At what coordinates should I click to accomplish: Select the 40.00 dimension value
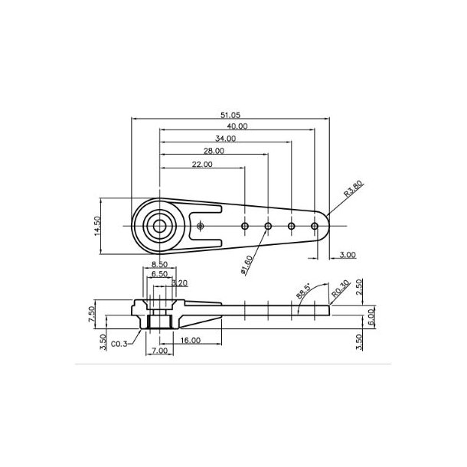click(237, 126)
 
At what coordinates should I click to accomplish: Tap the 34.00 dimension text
click(225, 139)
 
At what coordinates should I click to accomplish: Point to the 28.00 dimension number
click(214, 151)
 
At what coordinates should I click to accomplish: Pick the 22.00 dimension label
click(201, 165)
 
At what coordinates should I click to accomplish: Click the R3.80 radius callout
click(353, 189)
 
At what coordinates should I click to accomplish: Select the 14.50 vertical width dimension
click(99, 226)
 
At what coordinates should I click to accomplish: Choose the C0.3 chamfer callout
click(119, 344)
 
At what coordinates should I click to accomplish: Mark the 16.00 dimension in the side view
click(191, 339)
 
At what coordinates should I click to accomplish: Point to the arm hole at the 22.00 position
click(245, 226)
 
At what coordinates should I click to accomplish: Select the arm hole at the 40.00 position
click(315, 226)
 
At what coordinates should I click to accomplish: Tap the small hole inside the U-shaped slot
click(200, 226)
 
